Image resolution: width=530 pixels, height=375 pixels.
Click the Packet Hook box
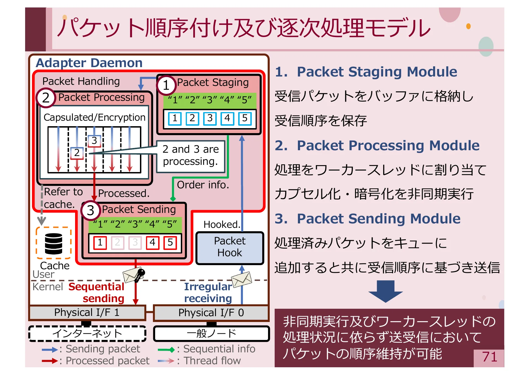230,247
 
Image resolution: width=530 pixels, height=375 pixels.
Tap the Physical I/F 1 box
87,313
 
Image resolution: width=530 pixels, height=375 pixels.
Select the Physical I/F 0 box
211,313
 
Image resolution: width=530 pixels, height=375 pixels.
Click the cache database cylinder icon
54,243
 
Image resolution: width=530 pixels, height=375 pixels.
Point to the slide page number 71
489,357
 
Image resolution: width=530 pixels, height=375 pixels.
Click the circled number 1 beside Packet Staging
166,85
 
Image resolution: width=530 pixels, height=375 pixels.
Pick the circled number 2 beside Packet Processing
46,98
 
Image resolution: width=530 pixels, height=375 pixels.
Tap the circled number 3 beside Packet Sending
90,210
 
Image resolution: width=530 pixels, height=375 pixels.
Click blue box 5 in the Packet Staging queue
245,118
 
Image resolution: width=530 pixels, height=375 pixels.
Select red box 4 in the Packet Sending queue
152,243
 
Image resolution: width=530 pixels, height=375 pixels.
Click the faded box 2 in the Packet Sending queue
117,243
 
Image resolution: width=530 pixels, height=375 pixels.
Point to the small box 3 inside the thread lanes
94,141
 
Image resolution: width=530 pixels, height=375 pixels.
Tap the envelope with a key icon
134,275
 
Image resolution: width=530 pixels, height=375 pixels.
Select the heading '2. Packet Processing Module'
377,146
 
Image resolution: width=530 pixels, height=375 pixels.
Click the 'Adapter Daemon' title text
89,63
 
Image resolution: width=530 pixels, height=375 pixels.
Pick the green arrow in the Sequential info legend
166,350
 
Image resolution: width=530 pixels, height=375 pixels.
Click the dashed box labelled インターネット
87,333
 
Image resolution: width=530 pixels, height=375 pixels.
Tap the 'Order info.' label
203,185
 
